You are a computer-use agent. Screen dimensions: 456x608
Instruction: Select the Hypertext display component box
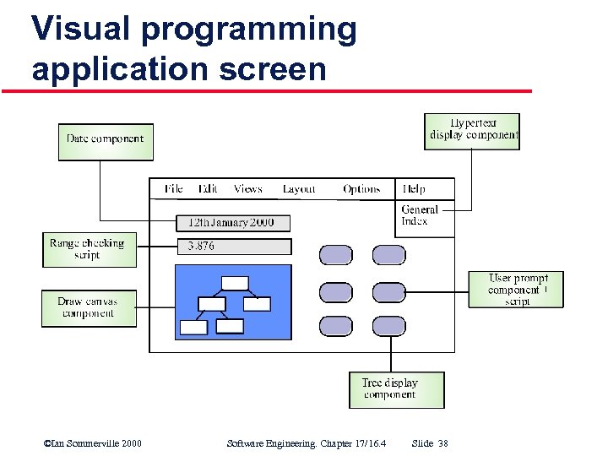pos(472,131)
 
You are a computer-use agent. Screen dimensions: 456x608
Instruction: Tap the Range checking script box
pos(88,250)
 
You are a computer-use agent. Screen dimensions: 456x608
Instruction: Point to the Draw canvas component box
pos(89,308)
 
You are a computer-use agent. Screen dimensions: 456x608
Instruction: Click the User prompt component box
pos(515,290)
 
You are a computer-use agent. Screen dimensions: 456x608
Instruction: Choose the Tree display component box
pos(396,389)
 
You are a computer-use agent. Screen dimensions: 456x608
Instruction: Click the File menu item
pos(174,189)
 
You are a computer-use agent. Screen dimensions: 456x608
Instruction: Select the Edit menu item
pos(208,189)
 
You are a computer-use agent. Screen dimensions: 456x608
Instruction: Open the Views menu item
pos(248,189)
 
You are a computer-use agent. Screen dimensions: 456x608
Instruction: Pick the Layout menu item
pos(299,189)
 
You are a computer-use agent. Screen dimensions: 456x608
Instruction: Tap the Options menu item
pos(361,189)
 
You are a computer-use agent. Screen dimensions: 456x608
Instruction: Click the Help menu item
pos(415,189)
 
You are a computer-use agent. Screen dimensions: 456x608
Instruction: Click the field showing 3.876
pos(234,247)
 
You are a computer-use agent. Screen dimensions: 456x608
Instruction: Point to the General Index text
pos(420,215)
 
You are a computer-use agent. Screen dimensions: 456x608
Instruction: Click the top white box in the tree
pos(236,283)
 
